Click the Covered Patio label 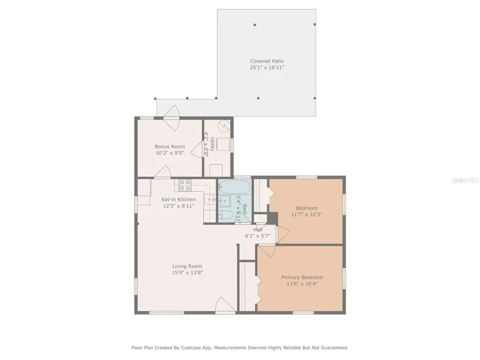pyautogui.click(x=267, y=61)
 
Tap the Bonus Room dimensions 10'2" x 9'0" pyautogui.click(x=170, y=153)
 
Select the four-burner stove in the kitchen pyautogui.click(x=185, y=185)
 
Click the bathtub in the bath pyautogui.click(x=234, y=187)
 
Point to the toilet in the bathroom pyautogui.click(x=225, y=215)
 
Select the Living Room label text pyautogui.click(x=187, y=266)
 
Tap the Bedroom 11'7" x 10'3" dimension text pyautogui.click(x=306, y=214)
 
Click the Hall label pyautogui.click(x=258, y=229)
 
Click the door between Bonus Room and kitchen pyautogui.click(x=162, y=171)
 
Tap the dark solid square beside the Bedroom pyautogui.click(x=273, y=218)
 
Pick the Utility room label pyautogui.click(x=212, y=144)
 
